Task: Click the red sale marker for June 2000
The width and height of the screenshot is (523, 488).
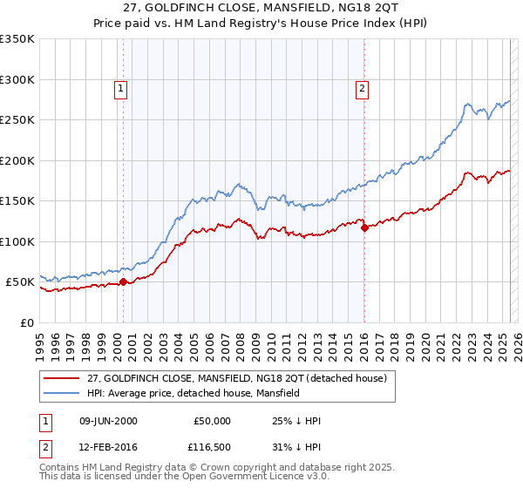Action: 123,281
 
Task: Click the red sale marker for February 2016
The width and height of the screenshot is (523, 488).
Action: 364,228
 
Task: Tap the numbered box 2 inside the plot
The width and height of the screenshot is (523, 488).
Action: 361,87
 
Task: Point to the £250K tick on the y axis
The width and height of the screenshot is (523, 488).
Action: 17,120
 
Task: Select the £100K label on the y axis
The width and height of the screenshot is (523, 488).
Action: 17,241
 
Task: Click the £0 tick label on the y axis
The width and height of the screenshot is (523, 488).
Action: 26,322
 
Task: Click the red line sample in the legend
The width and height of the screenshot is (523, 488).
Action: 61,378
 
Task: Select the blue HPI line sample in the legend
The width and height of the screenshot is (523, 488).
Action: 61,393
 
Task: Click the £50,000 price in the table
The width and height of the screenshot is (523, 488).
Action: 213,421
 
